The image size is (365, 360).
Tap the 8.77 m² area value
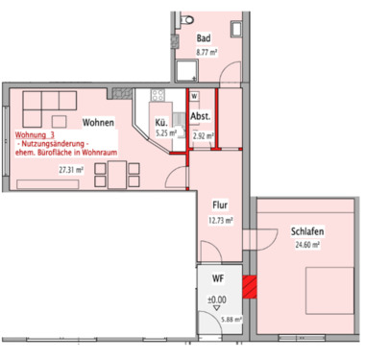205,56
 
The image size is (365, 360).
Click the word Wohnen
100,123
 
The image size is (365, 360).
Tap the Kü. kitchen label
162,123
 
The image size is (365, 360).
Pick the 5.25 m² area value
167,134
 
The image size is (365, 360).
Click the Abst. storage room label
202,118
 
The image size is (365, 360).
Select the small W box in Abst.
194,97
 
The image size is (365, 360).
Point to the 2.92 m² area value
203,135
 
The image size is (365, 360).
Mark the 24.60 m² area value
304,245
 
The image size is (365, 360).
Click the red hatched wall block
250,286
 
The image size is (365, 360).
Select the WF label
218,279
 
